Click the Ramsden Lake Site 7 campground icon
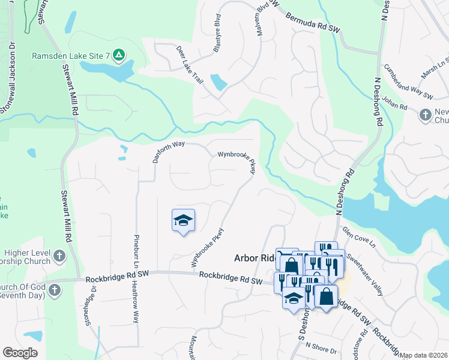119,56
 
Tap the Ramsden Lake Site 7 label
71,56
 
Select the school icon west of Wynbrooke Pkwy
184,221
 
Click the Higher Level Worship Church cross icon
59,256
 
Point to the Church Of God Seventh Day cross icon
54,291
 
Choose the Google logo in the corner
20,353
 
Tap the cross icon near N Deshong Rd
426,114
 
